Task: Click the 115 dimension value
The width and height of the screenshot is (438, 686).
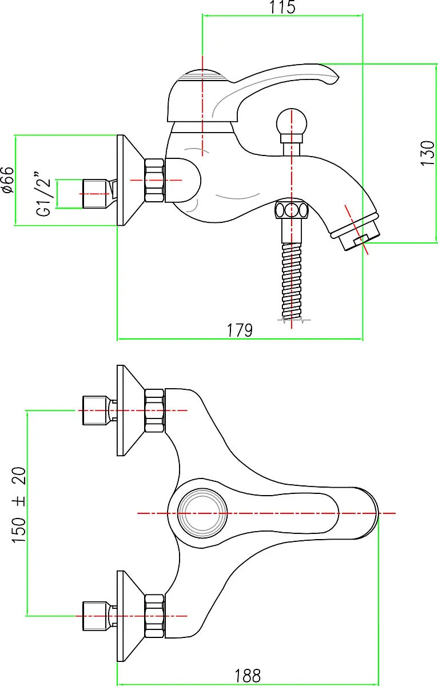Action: [282, 7]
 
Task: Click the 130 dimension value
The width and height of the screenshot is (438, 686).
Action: [428, 153]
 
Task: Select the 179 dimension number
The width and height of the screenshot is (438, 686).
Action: [240, 330]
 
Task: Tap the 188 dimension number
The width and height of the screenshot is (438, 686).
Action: [248, 675]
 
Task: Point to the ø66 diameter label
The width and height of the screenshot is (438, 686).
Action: [8, 180]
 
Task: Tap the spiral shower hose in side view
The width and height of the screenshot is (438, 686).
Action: [291, 281]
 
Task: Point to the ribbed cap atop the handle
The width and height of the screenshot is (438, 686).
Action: [203, 75]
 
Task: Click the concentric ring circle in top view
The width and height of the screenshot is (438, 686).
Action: [203, 513]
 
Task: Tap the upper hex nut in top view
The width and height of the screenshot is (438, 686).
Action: [154, 410]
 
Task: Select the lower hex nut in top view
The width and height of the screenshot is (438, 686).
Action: [154, 616]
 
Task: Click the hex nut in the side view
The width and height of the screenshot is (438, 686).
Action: [154, 180]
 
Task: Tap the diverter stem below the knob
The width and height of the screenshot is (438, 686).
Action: [291, 149]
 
